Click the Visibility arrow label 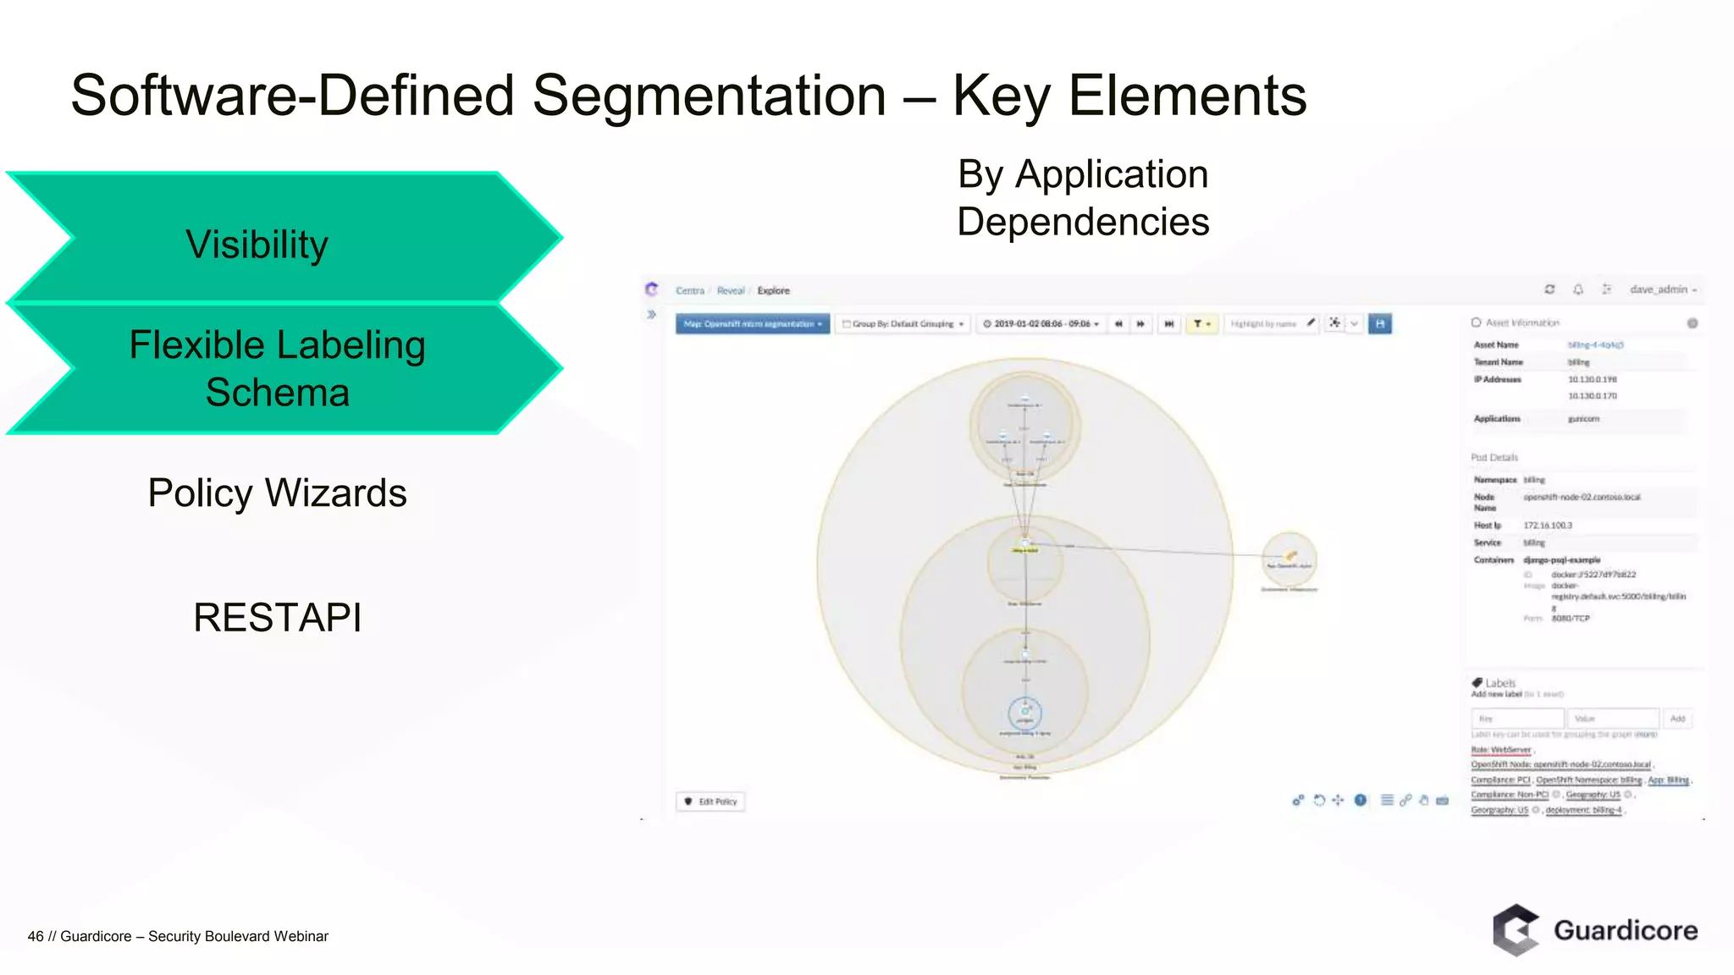pyautogui.click(x=257, y=245)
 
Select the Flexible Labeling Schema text pyautogui.click(x=277, y=368)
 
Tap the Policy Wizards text pyautogui.click(x=277, y=493)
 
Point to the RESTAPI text pyautogui.click(x=277, y=617)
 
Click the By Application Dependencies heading pyautogui.click(x=1082, y=198)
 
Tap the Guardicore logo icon pyautogui.click(x=1515, y=930)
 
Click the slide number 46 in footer pyautogui.click(x=36, y=936)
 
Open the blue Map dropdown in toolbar pyautogui.click(x=752, y=324)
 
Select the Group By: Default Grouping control pyautogui.click(x=903, y=324)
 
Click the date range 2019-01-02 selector pyautogui.click(x=1041, y=324)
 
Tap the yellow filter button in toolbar pyautogui.click(x=1201, y=324)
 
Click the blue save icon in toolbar pyautogui.click(x=1380, y=324)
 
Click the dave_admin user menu pyautogui.click(x=1662, y=289)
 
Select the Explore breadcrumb pyautogui.click(x=773, y=290)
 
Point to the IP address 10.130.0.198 pyautogui.click(x=1592, y=379)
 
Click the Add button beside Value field pyautogui.click(x=1677, y=719)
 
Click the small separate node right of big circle pyautogui.click(x=1289, y=559)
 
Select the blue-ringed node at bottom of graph pyautogui.click(x=1024, y=713)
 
